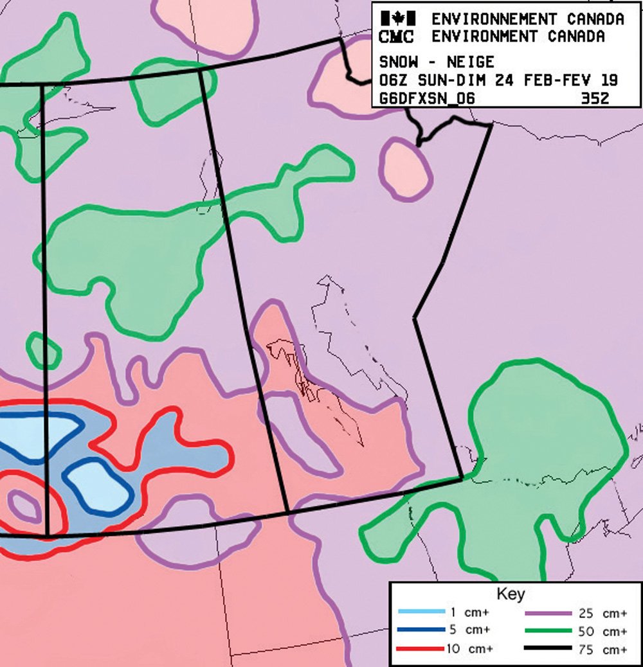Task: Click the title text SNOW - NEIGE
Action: [437, 62]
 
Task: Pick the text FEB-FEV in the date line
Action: [557, 80]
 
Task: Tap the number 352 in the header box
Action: [594, 98]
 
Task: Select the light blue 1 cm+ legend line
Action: [421, 610]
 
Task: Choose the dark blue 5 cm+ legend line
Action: [421, 629]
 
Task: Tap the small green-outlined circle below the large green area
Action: [44, 351]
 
